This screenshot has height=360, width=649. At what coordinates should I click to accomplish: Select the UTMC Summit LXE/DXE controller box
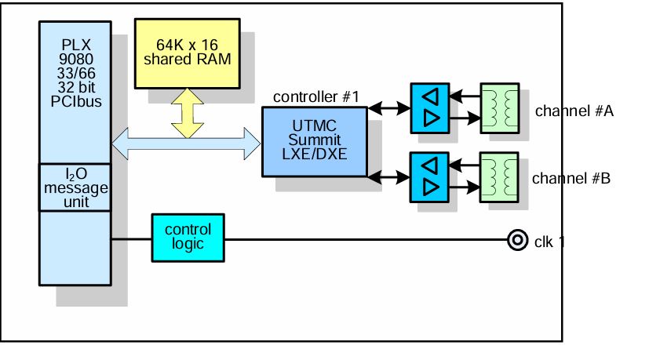pyautogui.click(x=313, y=140)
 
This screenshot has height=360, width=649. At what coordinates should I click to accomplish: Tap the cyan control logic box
pyautogui.click(x=188, y=237)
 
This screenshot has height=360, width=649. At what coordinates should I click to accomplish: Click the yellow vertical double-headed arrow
pyautogui.click(x=188, y=111)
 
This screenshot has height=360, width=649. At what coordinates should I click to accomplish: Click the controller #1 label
pyautogui.click(x=315, y=97)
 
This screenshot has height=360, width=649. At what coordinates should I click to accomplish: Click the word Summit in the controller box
pyautogui.click(x=313, y=140)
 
